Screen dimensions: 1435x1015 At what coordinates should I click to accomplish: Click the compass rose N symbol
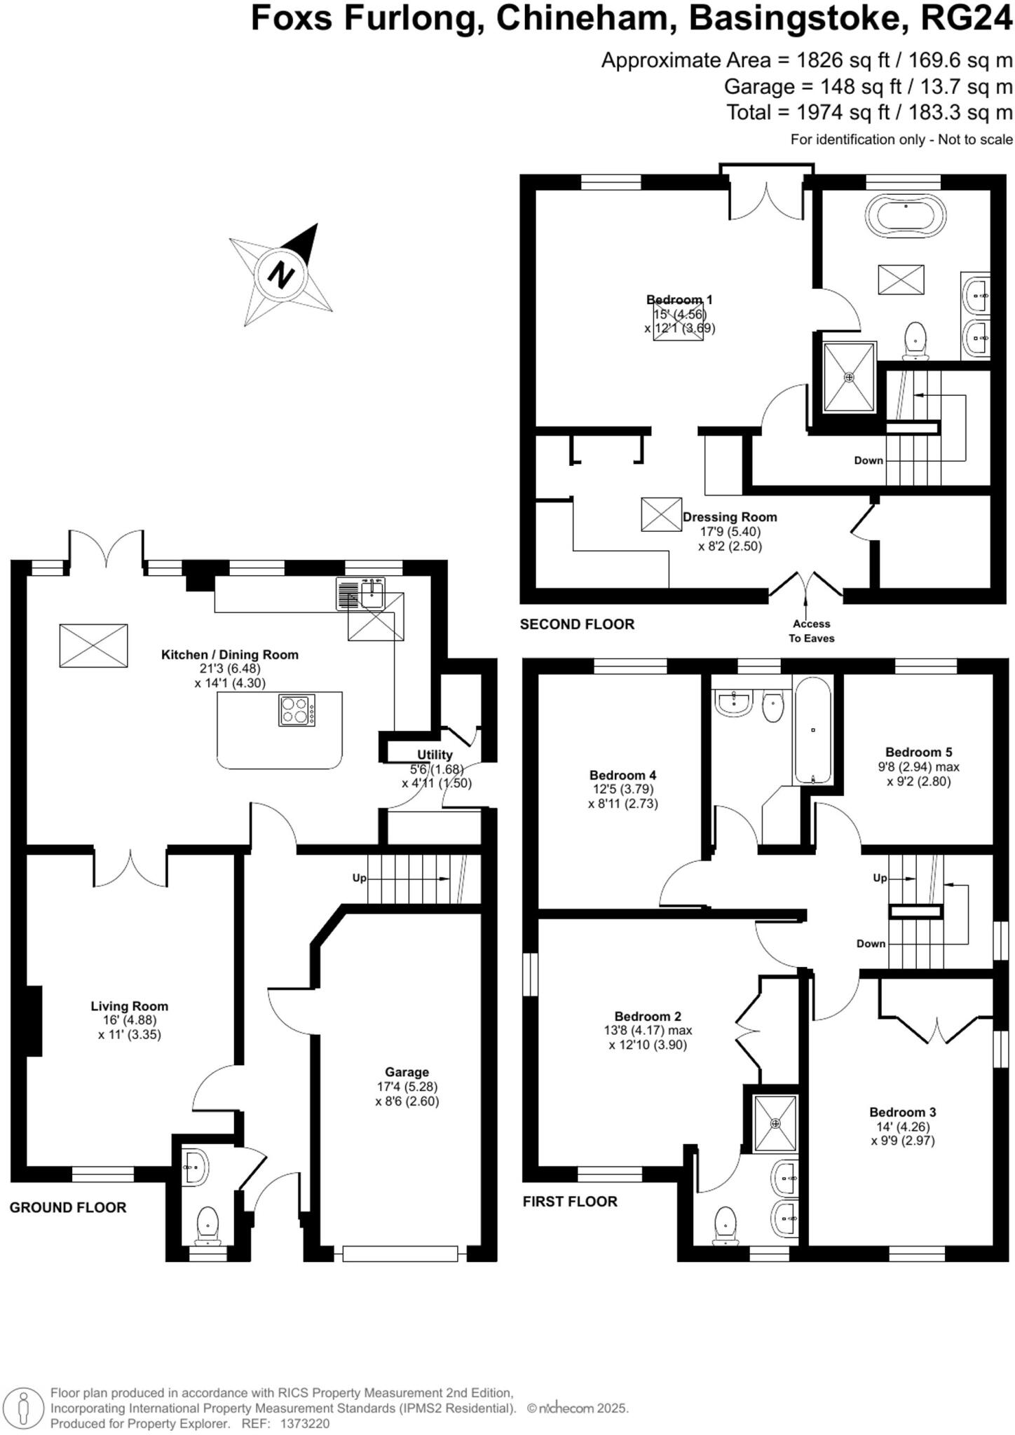(282, 274)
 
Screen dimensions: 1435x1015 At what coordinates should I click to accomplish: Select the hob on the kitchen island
(297, 710)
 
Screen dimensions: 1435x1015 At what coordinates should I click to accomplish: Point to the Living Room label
(130, 1005)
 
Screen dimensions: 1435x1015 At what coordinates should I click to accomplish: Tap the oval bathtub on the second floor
(906, 214)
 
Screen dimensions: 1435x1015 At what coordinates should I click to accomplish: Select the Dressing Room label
(730, 517)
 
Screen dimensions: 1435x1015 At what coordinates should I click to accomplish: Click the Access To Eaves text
(811, 631)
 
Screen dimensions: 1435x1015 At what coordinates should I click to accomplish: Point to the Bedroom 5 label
(918, 752)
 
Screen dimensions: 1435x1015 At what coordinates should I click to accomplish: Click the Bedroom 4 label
(622, 775)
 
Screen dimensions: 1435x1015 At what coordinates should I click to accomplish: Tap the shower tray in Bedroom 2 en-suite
(775, 1124)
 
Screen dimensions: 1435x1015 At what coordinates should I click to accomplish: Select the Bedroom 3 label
(902, 1112)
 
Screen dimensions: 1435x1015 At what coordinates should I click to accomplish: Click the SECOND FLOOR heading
(577, 624)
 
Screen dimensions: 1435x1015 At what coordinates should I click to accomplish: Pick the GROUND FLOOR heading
(68, 1207)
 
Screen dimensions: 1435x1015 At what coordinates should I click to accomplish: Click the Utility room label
(435, 755)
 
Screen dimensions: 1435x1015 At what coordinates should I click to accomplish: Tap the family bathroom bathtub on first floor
(813, 730)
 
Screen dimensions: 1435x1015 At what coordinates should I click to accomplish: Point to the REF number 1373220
(304, 1424)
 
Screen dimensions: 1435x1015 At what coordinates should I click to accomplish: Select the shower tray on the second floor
(850, 377)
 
